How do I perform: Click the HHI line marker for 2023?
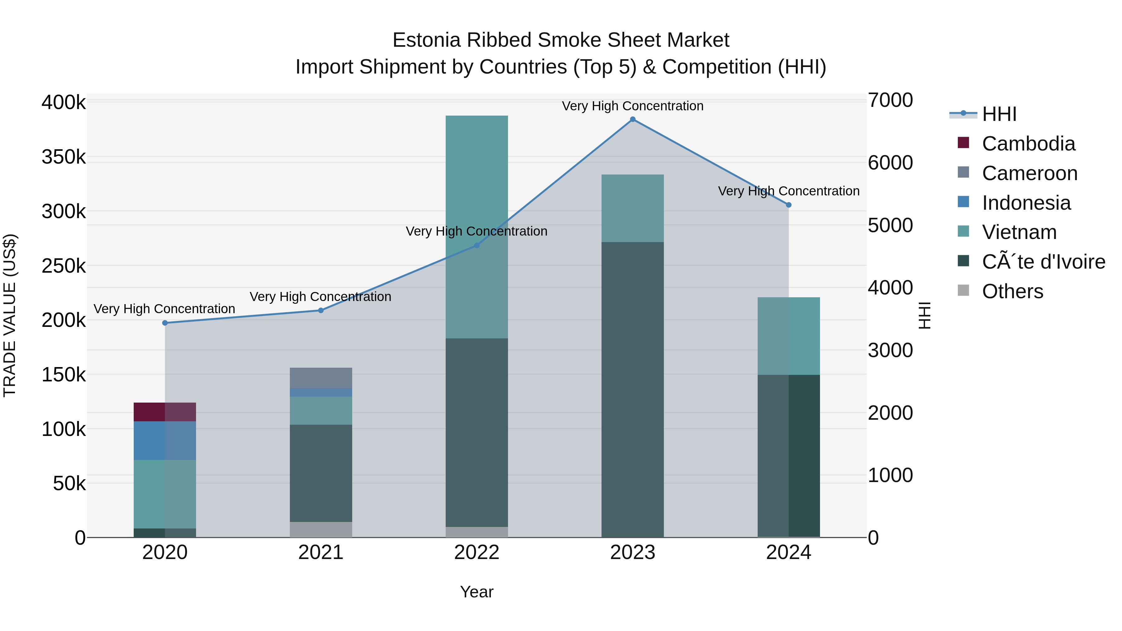pos(632,119)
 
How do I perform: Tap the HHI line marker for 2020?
pos(165,323)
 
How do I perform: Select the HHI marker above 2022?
pos(477,245)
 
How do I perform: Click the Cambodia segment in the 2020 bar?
pos(165,412)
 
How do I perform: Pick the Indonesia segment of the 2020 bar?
pos(165,440)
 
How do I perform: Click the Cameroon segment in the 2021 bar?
pos(321,378)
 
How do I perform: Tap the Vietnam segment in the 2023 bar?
pos(632,208)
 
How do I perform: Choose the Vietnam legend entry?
pos(1019,232)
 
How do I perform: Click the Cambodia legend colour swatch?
pos(963,143)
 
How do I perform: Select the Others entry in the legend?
pos(1012,291)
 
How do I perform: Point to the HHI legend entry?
pos(999,114)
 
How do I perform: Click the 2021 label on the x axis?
pos(321,552)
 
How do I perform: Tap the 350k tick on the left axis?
pos(64,157)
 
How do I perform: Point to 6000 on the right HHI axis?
pos(890,163)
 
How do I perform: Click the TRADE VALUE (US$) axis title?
pos(10,315)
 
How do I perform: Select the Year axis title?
pos(477,592)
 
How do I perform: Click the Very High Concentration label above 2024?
pos(789,191)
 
